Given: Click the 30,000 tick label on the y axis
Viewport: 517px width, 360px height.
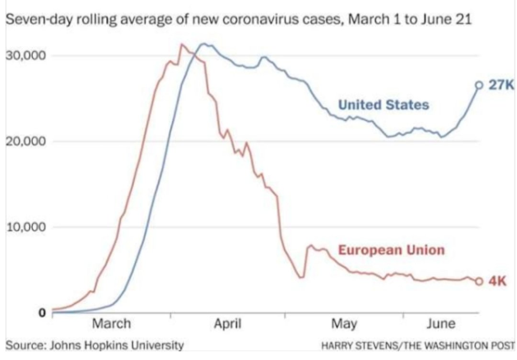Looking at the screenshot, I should coord(25,55).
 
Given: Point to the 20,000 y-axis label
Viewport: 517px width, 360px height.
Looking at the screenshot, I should coord(25,141).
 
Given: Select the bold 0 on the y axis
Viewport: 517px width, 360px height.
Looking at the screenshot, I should coord(42,313).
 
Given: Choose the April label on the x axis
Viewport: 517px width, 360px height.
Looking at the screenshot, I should coord(227,324).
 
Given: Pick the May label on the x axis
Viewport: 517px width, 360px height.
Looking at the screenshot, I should coord(344,324).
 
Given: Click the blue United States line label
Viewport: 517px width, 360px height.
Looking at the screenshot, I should coord(383,104).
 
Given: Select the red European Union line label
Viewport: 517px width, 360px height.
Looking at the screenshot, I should coord(392,250).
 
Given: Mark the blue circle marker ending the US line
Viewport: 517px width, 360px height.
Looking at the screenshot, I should coord(479,85).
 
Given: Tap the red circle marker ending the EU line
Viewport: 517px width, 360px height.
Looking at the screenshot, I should coord(479,281).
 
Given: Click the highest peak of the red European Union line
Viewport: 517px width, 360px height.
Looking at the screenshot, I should coord(181,45).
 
